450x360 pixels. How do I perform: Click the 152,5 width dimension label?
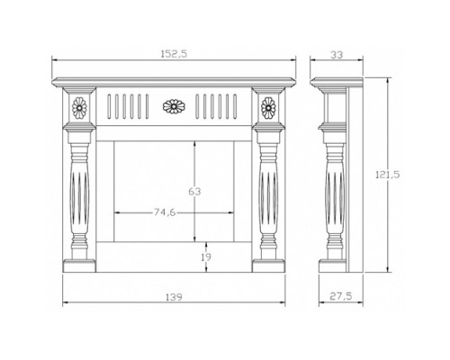[x=174, y=54]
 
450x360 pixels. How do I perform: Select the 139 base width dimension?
[x=174, y=297]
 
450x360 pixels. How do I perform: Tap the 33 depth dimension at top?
[x=337, y=55]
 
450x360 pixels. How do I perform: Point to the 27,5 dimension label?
[x=341, y=296]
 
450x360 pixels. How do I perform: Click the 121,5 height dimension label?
[x=388, y=175]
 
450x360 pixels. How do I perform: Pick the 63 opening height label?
[x=194, y=191]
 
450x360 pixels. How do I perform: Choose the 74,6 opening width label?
[x=165, y=212]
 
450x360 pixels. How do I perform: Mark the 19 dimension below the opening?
[x=206, y=256]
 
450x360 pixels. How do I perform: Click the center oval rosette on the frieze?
[x=174, y=106]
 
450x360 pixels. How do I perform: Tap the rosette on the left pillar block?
[x=79, y=108]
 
